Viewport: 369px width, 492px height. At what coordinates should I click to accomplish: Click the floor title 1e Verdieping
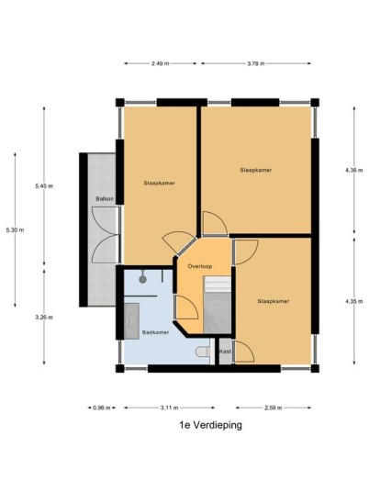click(x=210, y=425)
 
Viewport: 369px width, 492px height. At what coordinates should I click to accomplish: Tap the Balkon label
click(x=105, y=199)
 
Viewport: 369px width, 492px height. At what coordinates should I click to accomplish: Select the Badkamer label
click(x=155, y=332)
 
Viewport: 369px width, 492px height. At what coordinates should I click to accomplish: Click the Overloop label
click(x=200, y=266)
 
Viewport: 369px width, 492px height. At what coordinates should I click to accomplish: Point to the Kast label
click(x=225, y=352)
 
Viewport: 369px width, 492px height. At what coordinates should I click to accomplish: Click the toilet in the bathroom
click(x=203, y=352)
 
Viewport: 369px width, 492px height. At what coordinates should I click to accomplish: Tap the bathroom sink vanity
click(x=131, y=321)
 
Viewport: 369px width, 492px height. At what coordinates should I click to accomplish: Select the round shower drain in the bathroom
click(x=143, y=279)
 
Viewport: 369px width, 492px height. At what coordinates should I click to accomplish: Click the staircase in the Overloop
click(x=218, y=305)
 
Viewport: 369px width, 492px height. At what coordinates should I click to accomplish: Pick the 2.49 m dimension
click(x=160, y=63)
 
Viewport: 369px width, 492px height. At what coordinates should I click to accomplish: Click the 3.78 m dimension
click(x=256, y=63)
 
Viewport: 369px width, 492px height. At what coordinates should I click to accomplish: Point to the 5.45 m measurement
click(x=44, y=186)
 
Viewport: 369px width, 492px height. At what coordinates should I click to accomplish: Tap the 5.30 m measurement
click(x=15, y=230)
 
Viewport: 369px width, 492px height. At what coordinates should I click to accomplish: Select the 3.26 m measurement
click(x=44, y=318)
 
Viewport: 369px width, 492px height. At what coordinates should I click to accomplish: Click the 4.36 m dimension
click(x=354, y=171)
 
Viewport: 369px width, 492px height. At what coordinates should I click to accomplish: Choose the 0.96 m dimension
click(x=102, y=408)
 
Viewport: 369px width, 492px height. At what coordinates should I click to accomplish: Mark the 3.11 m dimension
click(x=170, y=408)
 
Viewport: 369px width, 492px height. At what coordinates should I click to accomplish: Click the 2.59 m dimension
click(x=273, y=408)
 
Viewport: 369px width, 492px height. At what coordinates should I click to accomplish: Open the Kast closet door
click(x=244, y=352)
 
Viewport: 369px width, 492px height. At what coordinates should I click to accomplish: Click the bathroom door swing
click(x=186, y=307)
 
